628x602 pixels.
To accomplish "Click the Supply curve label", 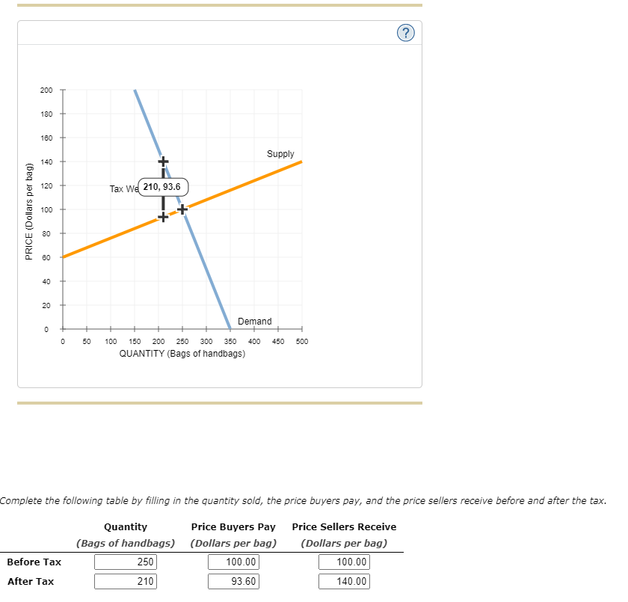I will click(280, 154).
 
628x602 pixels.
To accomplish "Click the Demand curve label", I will click(255, 322).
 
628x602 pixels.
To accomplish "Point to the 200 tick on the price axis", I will click(46, 90).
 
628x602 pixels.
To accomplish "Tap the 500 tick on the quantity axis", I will click(302, 341).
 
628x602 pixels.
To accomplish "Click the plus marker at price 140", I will click(163, 161).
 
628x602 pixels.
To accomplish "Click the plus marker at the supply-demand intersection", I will click(182, 209).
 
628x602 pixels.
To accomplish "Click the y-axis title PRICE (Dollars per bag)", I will click(29, 211).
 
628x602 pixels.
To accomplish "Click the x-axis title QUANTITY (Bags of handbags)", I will click(182, 353).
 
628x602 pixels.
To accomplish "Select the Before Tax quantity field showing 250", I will click(126, 562).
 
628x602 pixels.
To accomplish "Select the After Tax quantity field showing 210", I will click(126, 581).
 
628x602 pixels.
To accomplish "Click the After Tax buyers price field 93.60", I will click(233, 581).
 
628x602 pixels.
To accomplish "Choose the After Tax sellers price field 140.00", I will click(344, 581).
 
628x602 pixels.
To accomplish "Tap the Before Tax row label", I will click(34, 562).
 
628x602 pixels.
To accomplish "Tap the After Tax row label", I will click(31, 581).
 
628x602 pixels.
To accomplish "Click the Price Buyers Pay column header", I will click(233, 527).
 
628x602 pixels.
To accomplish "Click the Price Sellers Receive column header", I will click(344, 527).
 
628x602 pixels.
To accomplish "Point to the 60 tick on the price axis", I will click(46, 257).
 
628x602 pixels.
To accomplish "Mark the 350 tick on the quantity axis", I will click(230, 341).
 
